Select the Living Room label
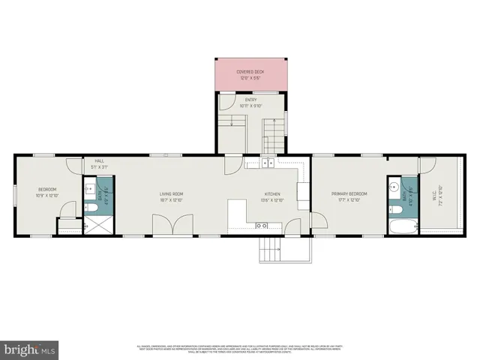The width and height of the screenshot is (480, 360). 171,194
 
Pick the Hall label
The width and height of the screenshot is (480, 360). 99,160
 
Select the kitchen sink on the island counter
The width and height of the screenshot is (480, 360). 261,225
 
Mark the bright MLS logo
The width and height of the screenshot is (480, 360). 30,349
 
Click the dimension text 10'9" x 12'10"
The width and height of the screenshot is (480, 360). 47,196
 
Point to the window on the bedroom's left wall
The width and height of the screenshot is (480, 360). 16,194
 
